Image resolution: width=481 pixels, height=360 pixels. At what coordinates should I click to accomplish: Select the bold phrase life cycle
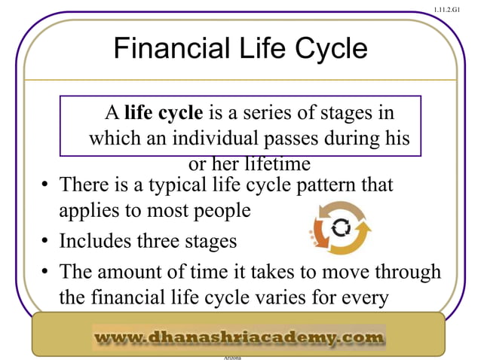[x=164, y=114]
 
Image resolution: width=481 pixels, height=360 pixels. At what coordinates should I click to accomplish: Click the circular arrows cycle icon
[x=339, y=227]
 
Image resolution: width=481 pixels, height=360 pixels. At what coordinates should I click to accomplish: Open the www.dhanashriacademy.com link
[x=239, y=337]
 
